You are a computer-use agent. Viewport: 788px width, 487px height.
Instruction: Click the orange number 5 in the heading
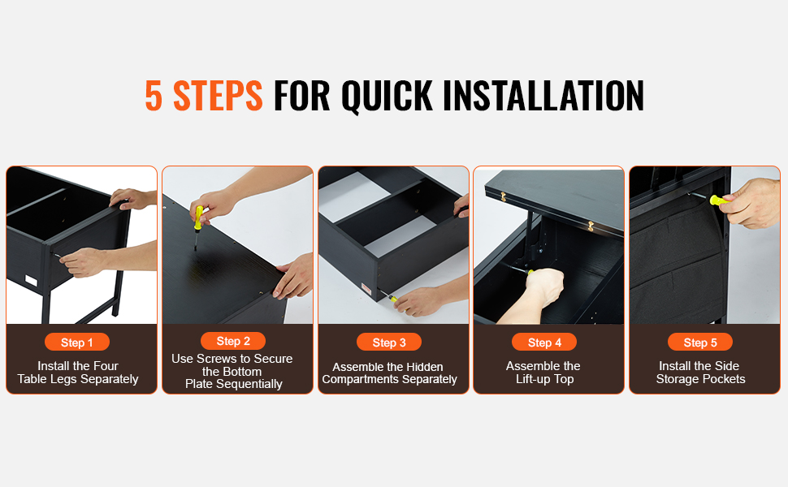tap(154, 95)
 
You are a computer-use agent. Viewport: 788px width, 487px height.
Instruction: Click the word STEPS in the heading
tap(218, 95)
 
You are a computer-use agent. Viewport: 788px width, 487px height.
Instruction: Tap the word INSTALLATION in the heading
tap(543, 95)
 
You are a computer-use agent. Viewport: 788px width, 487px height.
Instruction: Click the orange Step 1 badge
tap(77, 342)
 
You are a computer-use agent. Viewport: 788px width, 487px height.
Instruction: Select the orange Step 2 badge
tap(233, 341)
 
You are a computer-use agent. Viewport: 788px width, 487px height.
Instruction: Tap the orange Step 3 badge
tap(389, 342)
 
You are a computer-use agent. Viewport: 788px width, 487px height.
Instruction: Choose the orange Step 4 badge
tap(544, 342)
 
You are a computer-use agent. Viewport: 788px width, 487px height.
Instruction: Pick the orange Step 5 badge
tap(700, 342)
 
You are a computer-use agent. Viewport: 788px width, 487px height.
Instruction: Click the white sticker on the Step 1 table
tap(31, 280)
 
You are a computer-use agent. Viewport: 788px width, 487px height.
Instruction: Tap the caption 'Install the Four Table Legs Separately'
tap(78, 373)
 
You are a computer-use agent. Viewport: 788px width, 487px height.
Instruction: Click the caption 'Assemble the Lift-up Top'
tap(543, 373)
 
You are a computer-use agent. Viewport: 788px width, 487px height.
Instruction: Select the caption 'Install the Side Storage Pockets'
tap(700, 373)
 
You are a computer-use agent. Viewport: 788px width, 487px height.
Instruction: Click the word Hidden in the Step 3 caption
tap(424, 367)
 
